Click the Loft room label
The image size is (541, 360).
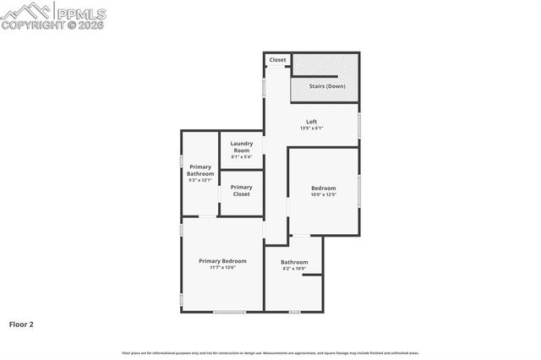[311, 122]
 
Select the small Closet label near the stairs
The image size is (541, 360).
[278, 61]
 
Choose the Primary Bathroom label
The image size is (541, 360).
[200, 170]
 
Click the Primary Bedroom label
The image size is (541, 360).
[222, 261]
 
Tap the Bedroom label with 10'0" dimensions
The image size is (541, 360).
[323, 188]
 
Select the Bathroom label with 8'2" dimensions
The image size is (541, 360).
[294, 262]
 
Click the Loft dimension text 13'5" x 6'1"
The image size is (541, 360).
[311, 128]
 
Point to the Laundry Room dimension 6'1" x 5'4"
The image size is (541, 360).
[241, 157]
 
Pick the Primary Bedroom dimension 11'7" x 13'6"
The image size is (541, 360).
[222, 269]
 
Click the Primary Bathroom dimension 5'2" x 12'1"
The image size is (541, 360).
[200, 180]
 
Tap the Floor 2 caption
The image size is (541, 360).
[21, 324]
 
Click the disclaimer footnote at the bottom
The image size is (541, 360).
[270, 353]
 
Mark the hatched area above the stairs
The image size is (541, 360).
[325, 65]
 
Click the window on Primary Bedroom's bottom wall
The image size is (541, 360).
[229, 312]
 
